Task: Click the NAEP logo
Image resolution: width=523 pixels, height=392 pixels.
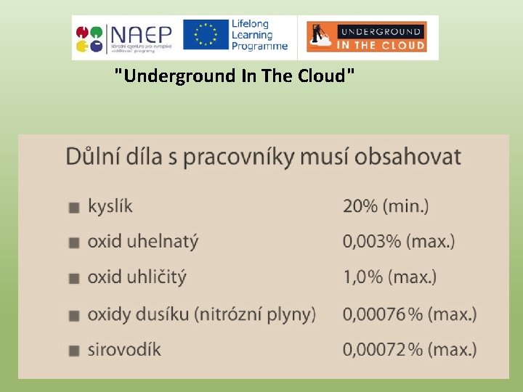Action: [123, 36]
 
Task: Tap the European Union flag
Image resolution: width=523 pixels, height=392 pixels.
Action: [206, 36]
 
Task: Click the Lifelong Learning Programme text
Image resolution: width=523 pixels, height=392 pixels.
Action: [259, 35]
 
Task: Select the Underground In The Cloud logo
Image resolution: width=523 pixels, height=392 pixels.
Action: [366, 36]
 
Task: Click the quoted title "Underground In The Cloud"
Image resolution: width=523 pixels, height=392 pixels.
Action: [235, 75]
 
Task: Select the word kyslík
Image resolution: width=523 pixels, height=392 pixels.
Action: [110, 206]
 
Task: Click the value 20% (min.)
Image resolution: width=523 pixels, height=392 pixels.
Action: [386, 206]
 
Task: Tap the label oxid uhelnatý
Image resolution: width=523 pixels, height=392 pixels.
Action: [142, 242]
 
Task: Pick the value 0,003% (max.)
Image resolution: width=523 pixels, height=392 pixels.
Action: [399, 242]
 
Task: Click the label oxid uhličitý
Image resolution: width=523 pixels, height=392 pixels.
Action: [137, 277]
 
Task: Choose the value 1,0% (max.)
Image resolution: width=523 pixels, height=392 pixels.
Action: [389, 277]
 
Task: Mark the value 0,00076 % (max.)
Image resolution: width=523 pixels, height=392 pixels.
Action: [410, 314]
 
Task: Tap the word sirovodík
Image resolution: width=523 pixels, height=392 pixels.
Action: [124, 349]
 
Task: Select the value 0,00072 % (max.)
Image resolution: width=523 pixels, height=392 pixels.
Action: [410, 349]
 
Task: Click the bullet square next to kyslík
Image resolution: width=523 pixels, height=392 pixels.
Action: [73, 208]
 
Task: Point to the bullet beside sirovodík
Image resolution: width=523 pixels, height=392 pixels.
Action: [73, 351]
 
